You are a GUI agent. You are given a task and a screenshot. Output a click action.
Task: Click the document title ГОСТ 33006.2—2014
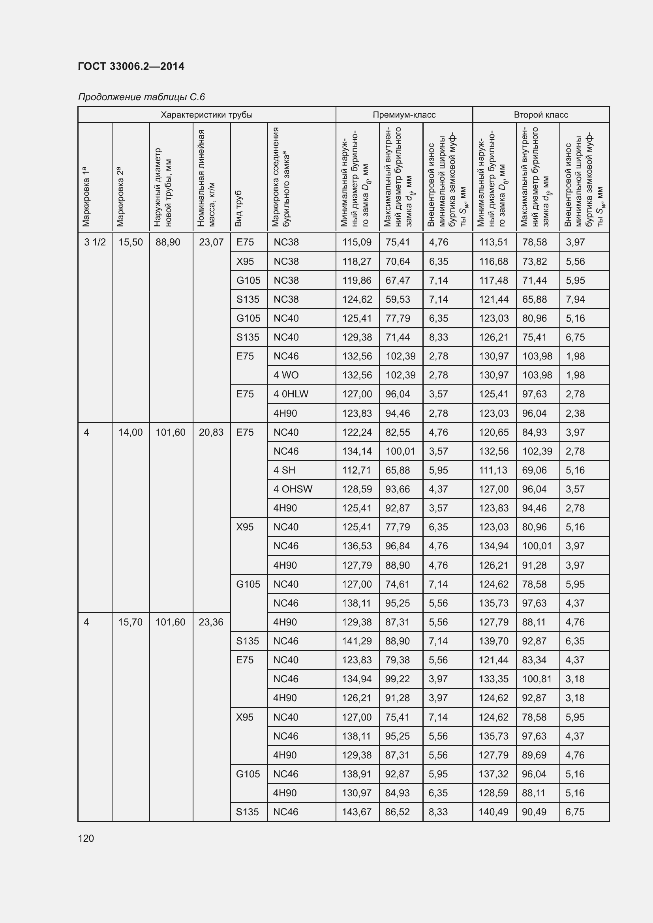pyautogui.click(x=131, y=66)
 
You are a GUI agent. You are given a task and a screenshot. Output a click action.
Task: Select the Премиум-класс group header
pyautogui.click(x=404, y=114)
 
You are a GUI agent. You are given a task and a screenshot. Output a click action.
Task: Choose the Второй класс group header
pyautogui.click(x=541, y=114)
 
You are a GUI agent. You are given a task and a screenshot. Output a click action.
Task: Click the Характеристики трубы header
pyautogui.click(x=206, y=114)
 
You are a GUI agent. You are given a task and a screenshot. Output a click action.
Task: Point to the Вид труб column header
pyautogui.click(x=239, y=208)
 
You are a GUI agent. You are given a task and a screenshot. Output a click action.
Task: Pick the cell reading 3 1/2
pyautogui.click(x=95, y=242)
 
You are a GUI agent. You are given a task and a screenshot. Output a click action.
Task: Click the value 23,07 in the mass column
pyautogui.click(x=211, y=242)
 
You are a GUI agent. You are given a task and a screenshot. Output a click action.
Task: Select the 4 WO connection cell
pyautogui.click(x=286, y=375)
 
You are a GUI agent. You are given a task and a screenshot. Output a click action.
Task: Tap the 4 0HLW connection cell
pyautogui.click(x=291, y=394)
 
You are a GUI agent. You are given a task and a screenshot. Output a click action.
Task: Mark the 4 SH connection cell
pyautogui.click(x=284, y=470)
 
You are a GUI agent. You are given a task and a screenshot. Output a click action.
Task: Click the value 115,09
pyautogui.click(x=357, y=242)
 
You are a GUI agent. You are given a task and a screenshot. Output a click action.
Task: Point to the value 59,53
pyautogui.click(x=398, y=299)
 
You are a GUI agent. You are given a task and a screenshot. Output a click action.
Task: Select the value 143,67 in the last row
pyautogui.click(x=357, y=812)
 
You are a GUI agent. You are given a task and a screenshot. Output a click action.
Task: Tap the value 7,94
pyautogui.click(x=575, y=299)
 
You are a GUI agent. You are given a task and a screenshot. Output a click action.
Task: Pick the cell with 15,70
pyautogui.click(x=130, y=622)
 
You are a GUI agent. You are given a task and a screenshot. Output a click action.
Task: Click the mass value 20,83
pyautogui.click(x=211, y=432)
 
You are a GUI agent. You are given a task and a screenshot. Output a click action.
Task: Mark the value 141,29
pyautogui.click(x=357, y=641)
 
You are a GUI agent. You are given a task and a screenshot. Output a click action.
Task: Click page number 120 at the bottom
pyautogui.click(x=86, y=838)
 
